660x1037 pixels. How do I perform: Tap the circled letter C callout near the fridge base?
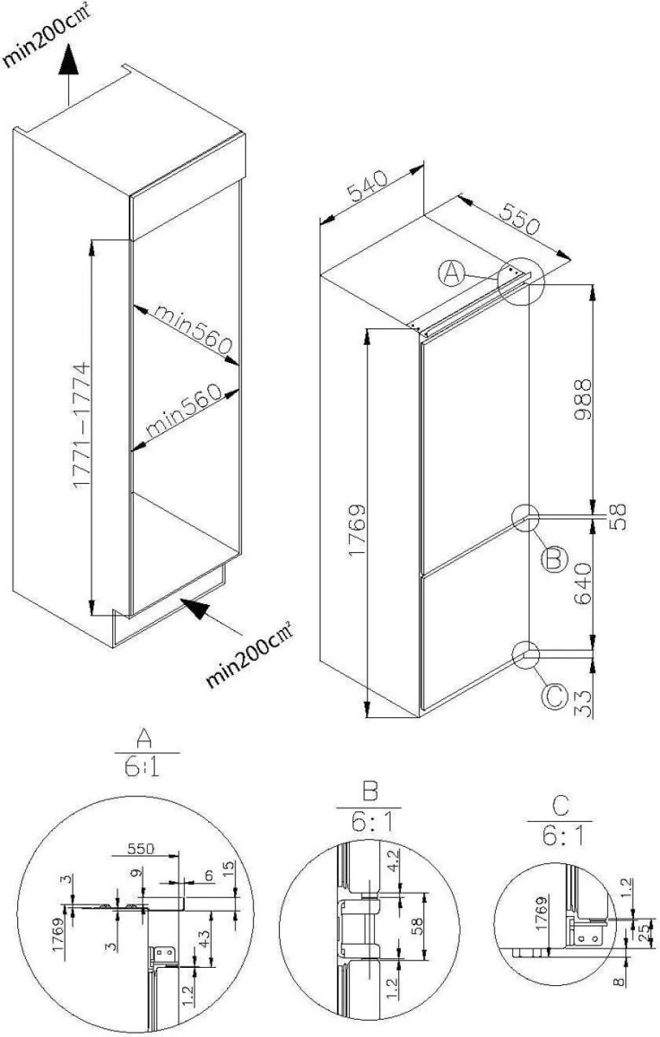point(556,696)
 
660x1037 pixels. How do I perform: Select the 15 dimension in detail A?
point(228,869)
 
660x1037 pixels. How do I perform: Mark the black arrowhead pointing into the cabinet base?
point(197,611)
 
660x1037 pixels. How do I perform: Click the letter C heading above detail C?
point(559,803)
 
